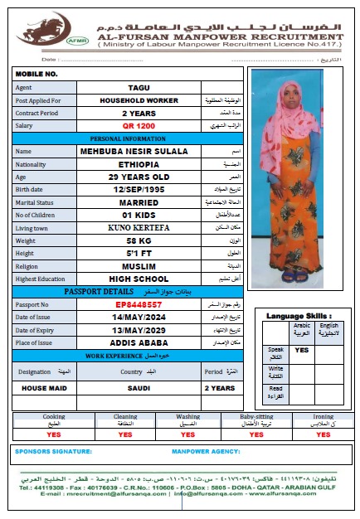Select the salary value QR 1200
tap(139, 125)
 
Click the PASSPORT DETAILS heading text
tap(99, 292)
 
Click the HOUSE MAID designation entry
tap(46, 387)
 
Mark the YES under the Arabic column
tap(302, 350)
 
